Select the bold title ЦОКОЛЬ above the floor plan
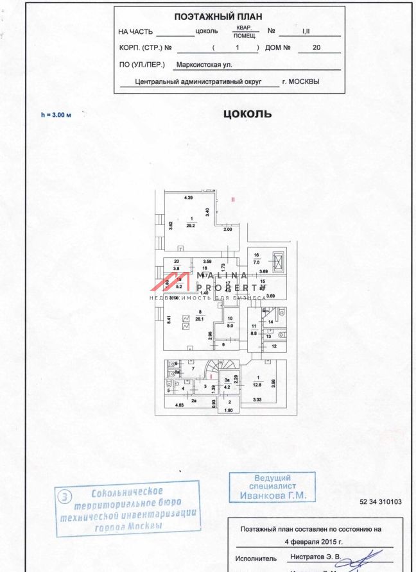point(247,114)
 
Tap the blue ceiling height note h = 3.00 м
point(56,115)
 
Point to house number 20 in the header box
point(316,47)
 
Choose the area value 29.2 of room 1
point(191,226)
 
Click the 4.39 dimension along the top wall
point(189,198)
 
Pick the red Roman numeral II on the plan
point(233,199)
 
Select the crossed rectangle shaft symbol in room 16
point(279,262)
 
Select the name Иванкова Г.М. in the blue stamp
point(273,496)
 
